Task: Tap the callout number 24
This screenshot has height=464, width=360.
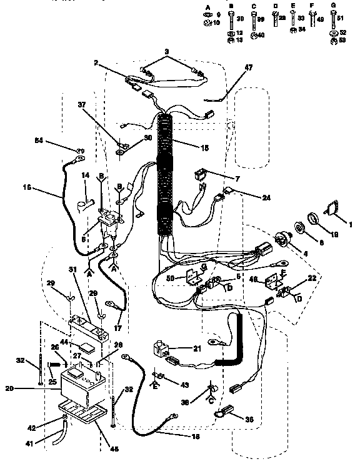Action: tap(266, 197)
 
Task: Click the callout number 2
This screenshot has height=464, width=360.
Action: tap(97, 63)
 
